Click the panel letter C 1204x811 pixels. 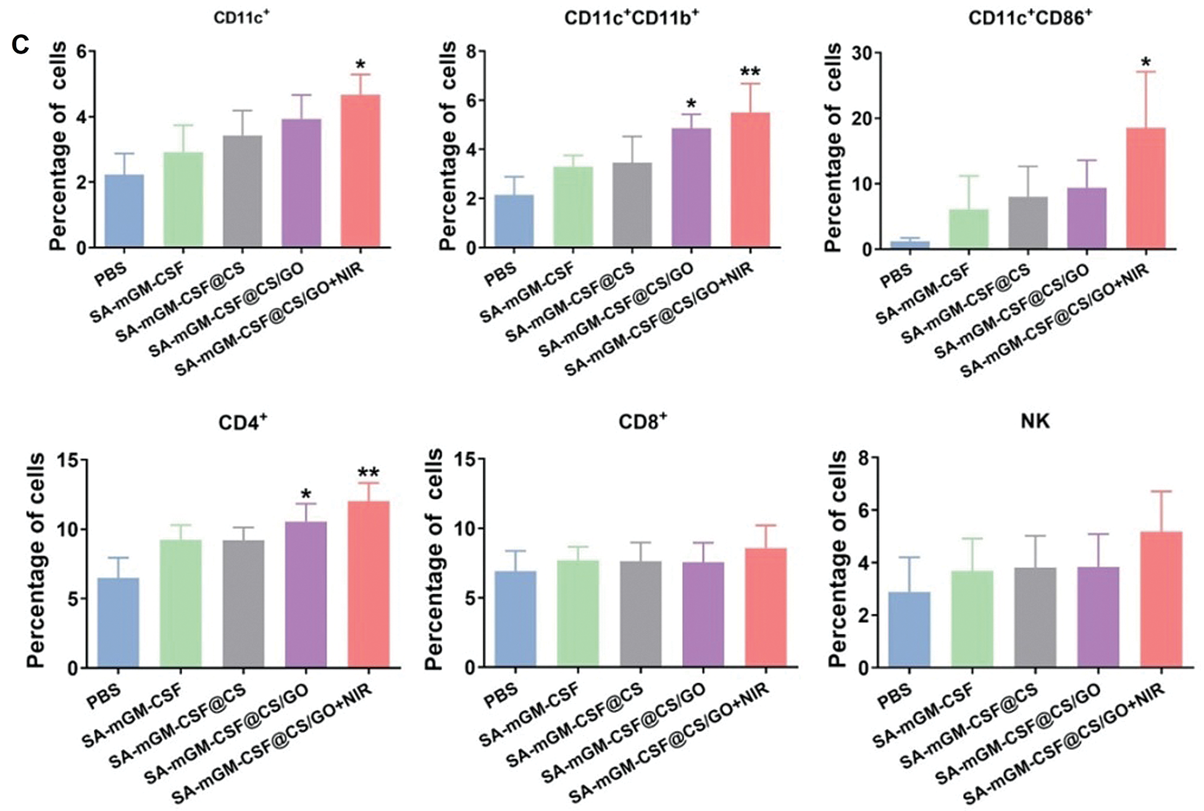(x=20, y=45)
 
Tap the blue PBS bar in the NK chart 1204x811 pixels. (x=909, y=630)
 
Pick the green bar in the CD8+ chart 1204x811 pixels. (x=577, y=613)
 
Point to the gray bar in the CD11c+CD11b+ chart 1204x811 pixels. (x=632, y=205)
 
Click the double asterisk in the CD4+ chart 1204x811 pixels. (x=368, y=473)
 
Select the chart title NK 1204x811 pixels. (x=1035, y=421)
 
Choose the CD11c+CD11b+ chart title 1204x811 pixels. (x=631, y=18)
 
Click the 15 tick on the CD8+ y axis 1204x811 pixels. (x=466, y=459)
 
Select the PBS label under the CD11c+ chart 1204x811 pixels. (x=111, y=275)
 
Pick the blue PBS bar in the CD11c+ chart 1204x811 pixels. (x=124, y=211)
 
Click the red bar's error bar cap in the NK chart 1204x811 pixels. (x=1161, y=491)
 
